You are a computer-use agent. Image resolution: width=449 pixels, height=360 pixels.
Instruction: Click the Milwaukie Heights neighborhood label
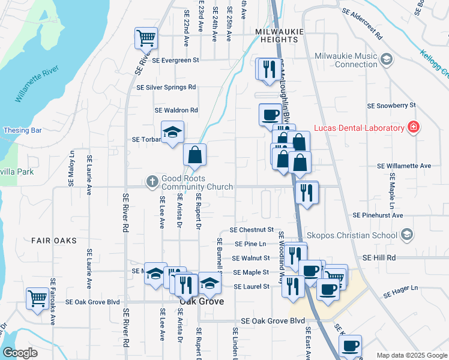point(279,31)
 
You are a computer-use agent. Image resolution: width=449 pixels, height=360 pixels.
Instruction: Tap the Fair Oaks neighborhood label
point(54,240)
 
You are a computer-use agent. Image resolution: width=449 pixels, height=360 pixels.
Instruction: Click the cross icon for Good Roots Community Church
point(152,180)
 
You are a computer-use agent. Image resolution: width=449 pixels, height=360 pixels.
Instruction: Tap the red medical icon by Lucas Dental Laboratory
point(413,128)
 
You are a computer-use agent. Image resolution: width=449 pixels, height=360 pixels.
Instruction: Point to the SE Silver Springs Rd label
point(166,87)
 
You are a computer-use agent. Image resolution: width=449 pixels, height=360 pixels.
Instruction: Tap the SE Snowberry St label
point(391,106)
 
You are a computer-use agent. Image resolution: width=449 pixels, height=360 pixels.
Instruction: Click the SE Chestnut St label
point(252,230)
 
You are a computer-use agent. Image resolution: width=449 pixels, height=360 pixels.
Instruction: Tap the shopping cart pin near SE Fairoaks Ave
point(37,297)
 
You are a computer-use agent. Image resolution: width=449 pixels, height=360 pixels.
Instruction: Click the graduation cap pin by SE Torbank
point(172,133)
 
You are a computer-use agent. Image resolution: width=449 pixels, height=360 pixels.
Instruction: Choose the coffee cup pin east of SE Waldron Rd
point(270,113)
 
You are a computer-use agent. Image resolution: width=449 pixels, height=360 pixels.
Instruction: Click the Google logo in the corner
point(20,353)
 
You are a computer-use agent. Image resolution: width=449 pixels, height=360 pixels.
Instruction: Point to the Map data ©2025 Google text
point(411,355)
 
